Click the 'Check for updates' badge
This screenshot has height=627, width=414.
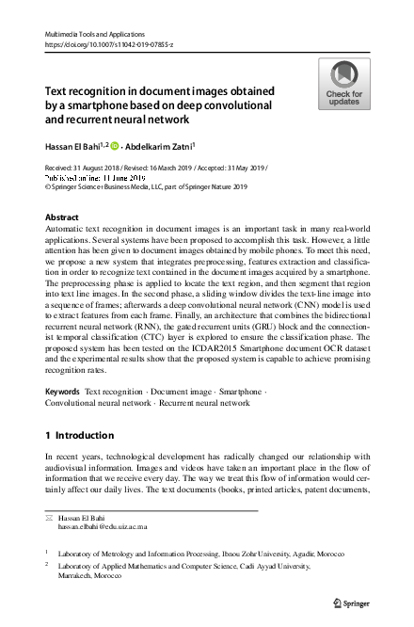[343, 85]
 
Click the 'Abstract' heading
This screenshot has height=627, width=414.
[62, 217]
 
